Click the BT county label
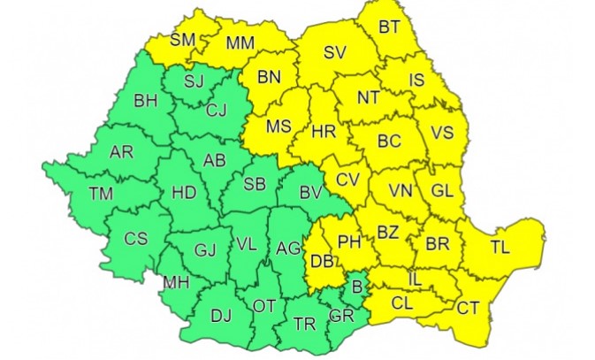(x=389, y=27)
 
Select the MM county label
(x=240, y=42)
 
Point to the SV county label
(x=333, y=53)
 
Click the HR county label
(x=324, y=132)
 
